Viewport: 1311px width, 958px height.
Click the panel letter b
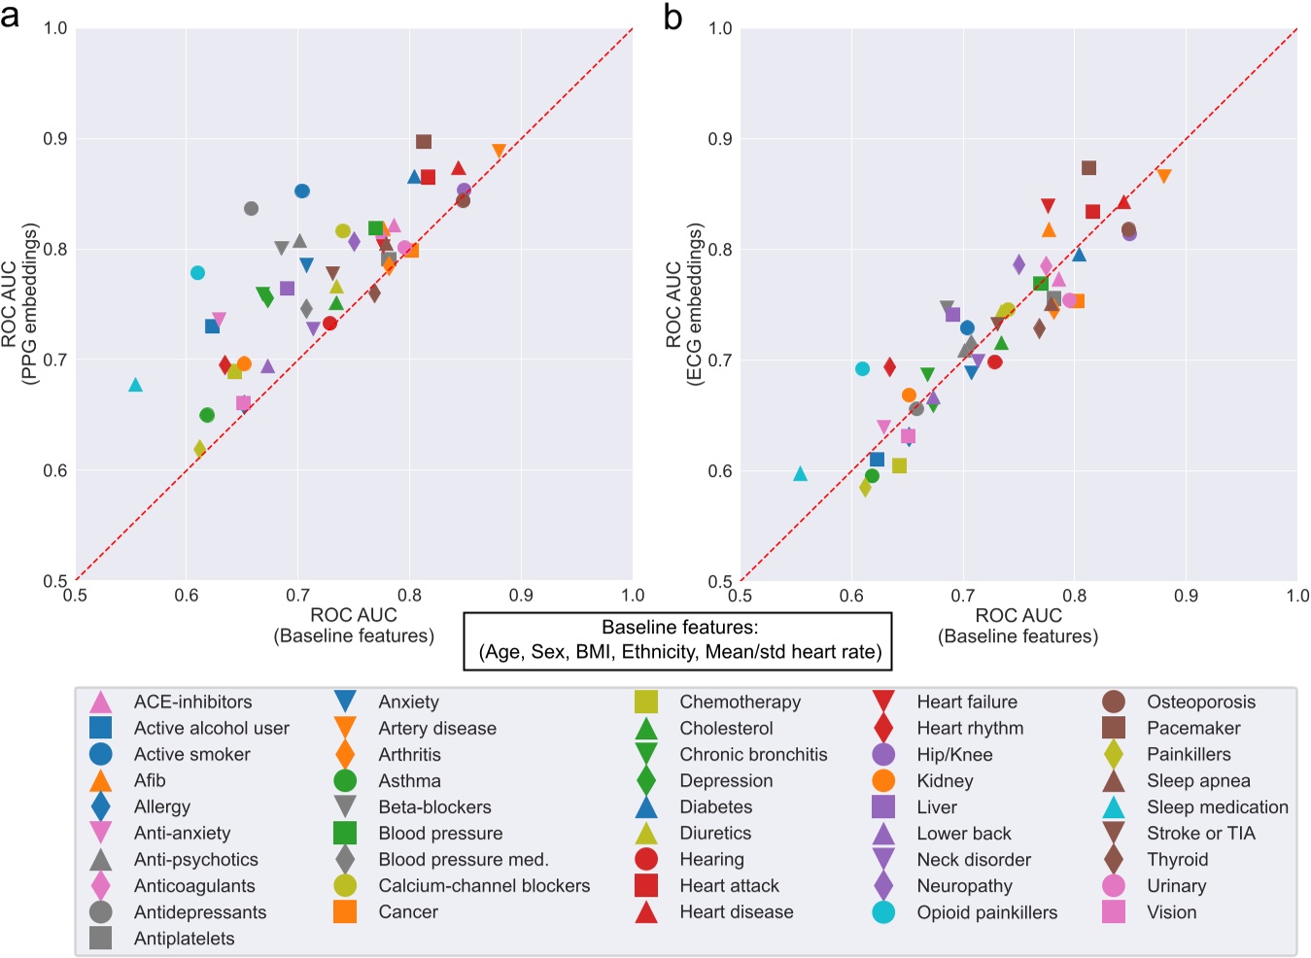tap(673, 17)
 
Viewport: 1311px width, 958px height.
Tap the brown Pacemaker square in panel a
tap(424, 142)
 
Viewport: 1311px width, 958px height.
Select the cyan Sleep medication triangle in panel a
tap(136, 386)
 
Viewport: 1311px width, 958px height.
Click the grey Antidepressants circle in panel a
tap(252, 209)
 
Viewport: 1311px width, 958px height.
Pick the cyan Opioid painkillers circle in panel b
tap(862, 369)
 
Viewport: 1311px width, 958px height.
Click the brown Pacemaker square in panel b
tap(1088, 168)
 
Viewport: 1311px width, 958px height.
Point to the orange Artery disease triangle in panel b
tap(1163, 176)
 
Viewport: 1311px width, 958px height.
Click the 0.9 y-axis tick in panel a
tap(55, 139)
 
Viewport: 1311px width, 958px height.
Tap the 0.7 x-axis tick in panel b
tap(962, 596)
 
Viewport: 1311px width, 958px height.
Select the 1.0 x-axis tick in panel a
tap(632, 596)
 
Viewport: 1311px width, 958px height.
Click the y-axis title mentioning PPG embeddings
tap(19, 304)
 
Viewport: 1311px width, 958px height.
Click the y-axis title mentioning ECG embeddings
tap(683, 304)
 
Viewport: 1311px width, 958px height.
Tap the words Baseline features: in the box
tap(679, 628)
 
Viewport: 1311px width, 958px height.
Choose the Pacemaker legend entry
tap(1192, 728)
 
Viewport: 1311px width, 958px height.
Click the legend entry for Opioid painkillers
tap(986, 912)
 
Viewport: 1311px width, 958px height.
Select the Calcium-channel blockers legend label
tap(484, 886)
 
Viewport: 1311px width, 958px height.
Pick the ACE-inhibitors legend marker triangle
tap(100, 702)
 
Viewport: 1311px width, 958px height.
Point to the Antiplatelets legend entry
tap(184, 939)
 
